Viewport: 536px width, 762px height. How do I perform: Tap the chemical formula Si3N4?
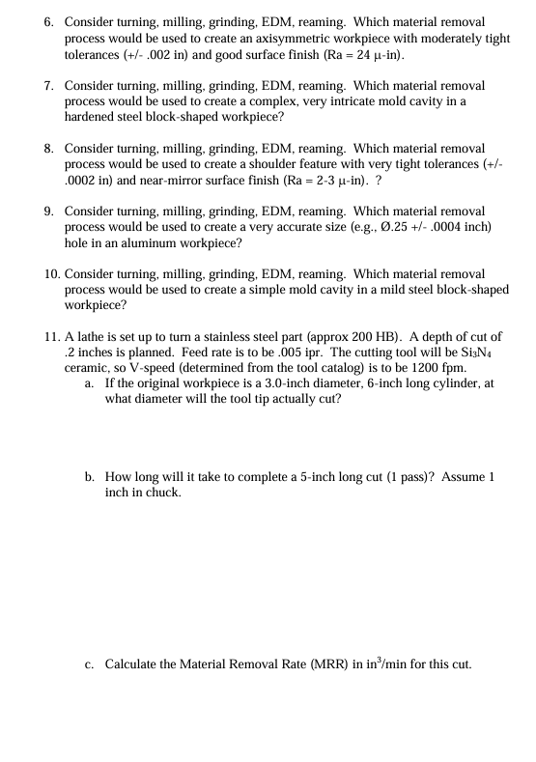(480, 353)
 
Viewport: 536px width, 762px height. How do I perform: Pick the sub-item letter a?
(89, 383)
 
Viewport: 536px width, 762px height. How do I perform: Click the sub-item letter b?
(89, 477)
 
